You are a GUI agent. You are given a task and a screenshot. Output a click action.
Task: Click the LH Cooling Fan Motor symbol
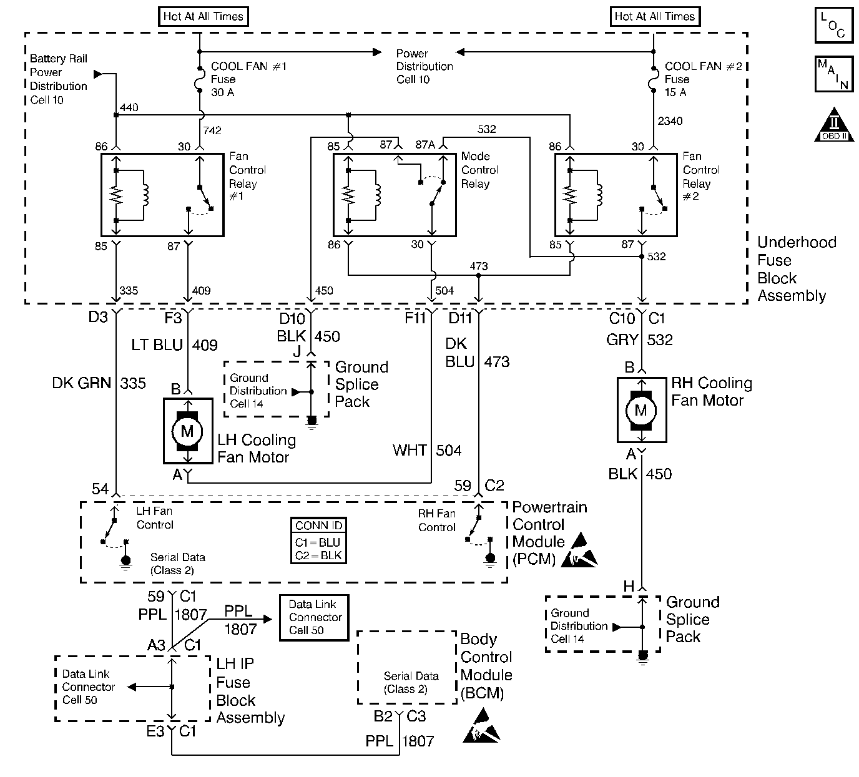(x=187, y=431)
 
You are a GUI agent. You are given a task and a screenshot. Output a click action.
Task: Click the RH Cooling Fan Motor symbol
(x=641, y=410)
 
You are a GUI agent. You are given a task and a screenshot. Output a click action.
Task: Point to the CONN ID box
(x=319, y=540)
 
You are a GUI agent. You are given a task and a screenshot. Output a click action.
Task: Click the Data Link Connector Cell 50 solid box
(x=313, y=617)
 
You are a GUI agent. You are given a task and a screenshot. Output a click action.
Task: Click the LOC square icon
(x=834, y=25)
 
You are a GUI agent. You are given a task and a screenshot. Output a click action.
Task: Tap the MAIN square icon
(x=834, y=74)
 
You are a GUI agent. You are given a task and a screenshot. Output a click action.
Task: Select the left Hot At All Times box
(x=203, y=17)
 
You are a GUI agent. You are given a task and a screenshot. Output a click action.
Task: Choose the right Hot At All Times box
(x=654, y=17)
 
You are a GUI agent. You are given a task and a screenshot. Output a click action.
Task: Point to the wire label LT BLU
(x=157, y=344)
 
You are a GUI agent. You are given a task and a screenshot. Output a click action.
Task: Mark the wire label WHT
(x=410, y=450)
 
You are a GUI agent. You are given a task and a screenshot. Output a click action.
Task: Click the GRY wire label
(x=622, y=340)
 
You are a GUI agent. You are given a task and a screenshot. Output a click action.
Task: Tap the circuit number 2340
(x=670, y=121)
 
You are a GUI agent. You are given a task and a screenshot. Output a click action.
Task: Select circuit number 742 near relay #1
(x=212, y=130)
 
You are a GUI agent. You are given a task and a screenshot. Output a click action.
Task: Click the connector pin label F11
(x=415, y=319)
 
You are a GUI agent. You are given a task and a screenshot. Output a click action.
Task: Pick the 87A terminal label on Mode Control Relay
(x=425, y=145)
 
